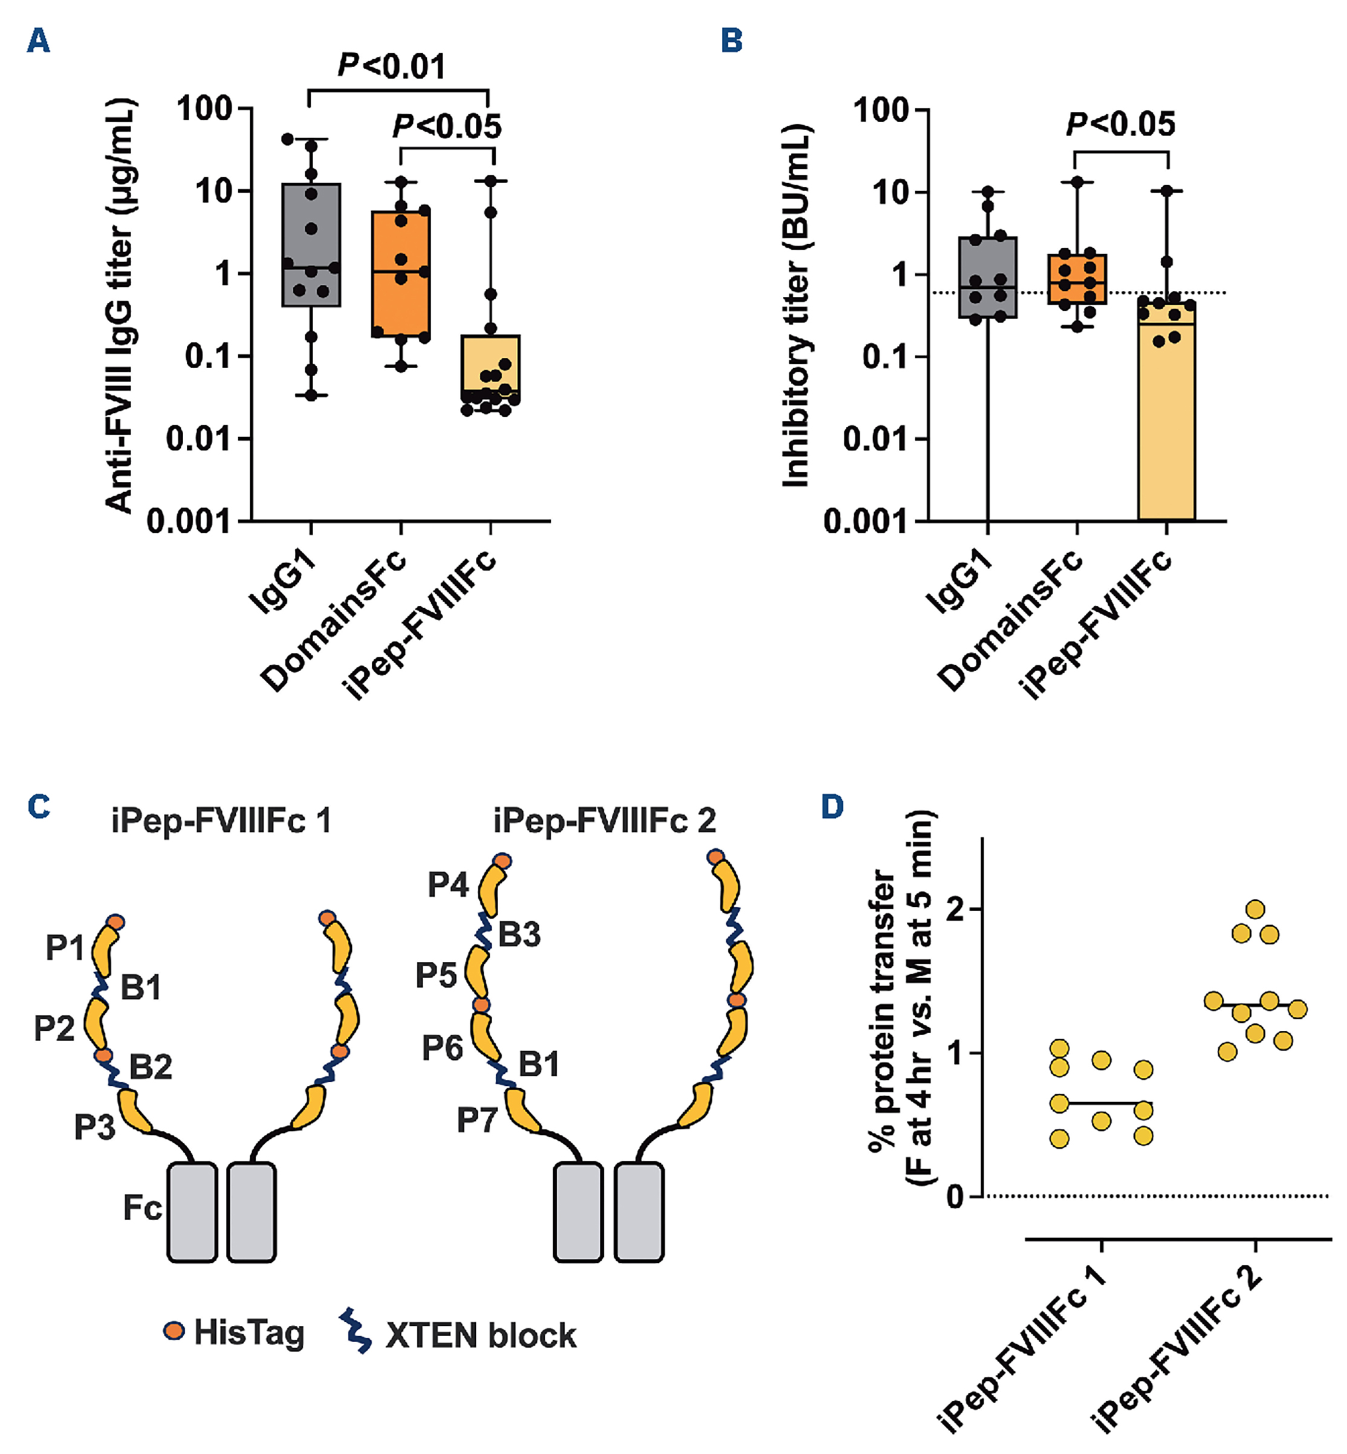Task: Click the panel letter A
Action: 38,41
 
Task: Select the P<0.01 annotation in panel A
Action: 391,67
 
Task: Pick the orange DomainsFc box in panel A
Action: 400,273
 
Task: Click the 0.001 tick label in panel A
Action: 188,522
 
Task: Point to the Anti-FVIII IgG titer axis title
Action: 120,306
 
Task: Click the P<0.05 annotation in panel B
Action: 1120,125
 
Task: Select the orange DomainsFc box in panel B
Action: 1077,279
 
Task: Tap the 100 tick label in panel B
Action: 881,111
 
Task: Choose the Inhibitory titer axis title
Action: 796,306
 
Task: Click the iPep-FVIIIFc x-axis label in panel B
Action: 1097,627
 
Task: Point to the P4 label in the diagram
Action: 447,884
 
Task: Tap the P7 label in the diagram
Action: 476,1120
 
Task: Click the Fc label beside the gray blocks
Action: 141,1209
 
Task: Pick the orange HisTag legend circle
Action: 174,1332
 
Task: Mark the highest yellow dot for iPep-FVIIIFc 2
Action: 1255,909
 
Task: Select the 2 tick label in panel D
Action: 954,909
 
